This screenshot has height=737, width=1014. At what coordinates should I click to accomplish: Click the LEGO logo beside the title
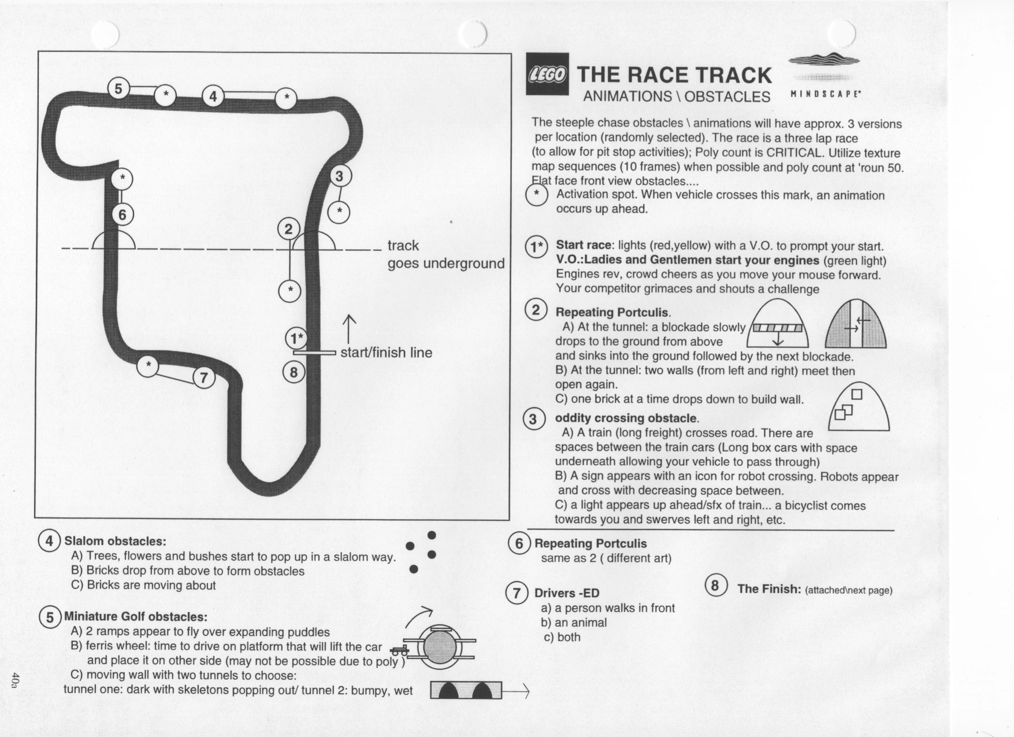tap(547, 74)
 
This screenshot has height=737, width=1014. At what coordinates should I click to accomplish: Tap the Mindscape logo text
tap(825, 94)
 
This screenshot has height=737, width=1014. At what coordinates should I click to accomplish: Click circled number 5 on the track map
tap(119, 88)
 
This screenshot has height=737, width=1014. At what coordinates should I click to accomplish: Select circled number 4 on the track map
tap(213, 96)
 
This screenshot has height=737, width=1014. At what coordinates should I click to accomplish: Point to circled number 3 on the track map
tap(339, 176)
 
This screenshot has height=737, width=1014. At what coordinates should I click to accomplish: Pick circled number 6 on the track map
tap(122, 215)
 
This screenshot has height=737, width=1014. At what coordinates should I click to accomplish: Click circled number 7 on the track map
tap(203, 378)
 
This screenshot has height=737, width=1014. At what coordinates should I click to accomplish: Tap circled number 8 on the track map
tap(294, 372)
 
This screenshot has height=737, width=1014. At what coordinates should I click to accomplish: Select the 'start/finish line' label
tap(386, 353)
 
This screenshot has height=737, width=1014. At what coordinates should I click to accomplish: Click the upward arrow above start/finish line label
tap(349, 329)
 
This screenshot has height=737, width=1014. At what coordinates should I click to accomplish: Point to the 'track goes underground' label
tap(445, 254)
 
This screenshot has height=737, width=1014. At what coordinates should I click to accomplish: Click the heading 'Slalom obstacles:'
tap(115, 541)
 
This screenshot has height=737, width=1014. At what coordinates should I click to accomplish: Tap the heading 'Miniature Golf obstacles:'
tap(136, 617)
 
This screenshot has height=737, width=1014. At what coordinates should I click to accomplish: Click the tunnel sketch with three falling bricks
tap(859, 406)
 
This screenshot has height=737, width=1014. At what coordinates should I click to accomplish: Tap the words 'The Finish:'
tap(769, 589)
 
